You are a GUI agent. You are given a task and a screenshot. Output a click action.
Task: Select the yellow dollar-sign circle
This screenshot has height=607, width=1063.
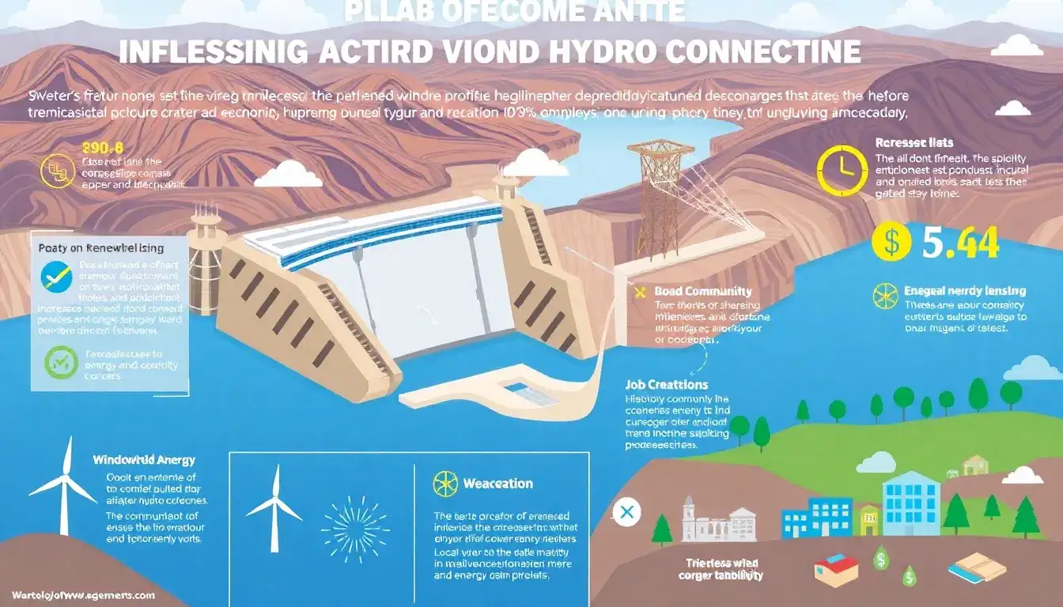891,243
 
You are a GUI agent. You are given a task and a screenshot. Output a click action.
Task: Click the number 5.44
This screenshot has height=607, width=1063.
961,243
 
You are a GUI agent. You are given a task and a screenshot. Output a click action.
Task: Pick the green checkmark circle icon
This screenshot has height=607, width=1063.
58,363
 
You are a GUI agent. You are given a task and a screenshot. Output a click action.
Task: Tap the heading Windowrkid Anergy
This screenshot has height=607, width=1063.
144,459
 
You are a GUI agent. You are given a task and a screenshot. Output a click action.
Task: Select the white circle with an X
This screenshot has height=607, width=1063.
627,513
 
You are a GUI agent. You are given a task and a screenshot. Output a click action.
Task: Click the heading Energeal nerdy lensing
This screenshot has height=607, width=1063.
964,291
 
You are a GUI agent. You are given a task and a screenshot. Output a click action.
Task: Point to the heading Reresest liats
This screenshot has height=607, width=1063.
914,143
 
